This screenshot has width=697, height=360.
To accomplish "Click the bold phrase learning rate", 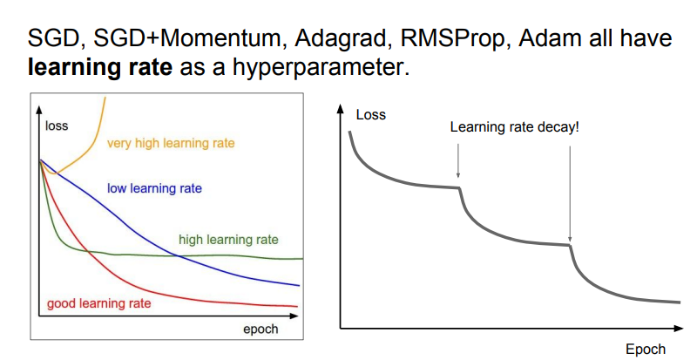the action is click(100, 67).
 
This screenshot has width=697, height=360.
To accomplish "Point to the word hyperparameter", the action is click(320, 68).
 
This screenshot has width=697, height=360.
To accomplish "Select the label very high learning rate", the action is click(171, 143).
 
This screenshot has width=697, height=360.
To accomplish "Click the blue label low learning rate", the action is click(155, 188).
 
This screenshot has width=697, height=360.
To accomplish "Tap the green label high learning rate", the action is click(228, 240).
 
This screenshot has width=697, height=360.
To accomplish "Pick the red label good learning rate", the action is click(99, 303).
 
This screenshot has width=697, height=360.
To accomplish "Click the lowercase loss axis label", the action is click(57, 126).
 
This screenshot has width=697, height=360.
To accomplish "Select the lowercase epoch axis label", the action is click(261, 329).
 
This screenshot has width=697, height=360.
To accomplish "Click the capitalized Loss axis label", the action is click(371, 115).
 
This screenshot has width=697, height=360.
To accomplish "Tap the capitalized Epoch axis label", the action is click(646, 350).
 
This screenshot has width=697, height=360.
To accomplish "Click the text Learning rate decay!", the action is click(514, 127).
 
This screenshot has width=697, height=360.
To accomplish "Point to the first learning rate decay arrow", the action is click(458, 160).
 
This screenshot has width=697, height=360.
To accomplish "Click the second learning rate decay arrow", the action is click(570, 194).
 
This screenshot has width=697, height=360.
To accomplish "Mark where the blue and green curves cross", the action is click(178, 255).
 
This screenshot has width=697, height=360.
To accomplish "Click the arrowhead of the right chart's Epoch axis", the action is click(679, 329).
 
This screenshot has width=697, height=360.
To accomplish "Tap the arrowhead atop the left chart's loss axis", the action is click(39, 110).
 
